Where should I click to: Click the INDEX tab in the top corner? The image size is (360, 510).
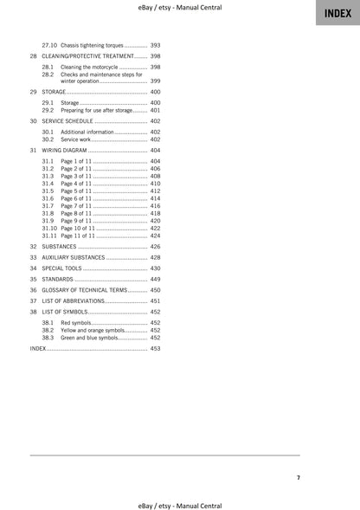click(337, 13)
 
